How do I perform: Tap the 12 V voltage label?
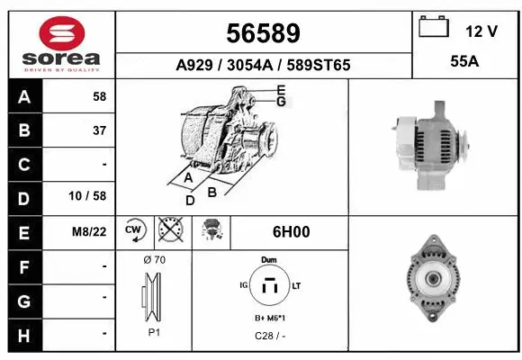tap(481, 31)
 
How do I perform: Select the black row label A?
tap(24, 97)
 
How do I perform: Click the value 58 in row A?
tap(99, 97)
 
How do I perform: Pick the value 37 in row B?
tap(99, 131)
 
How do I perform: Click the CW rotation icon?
tap(135, 231)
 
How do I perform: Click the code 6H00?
tap(290, 232)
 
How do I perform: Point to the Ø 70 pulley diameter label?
tap(154, 260)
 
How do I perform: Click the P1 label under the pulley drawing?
tap(154, 331)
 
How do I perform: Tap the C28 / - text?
tap(269, 337)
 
